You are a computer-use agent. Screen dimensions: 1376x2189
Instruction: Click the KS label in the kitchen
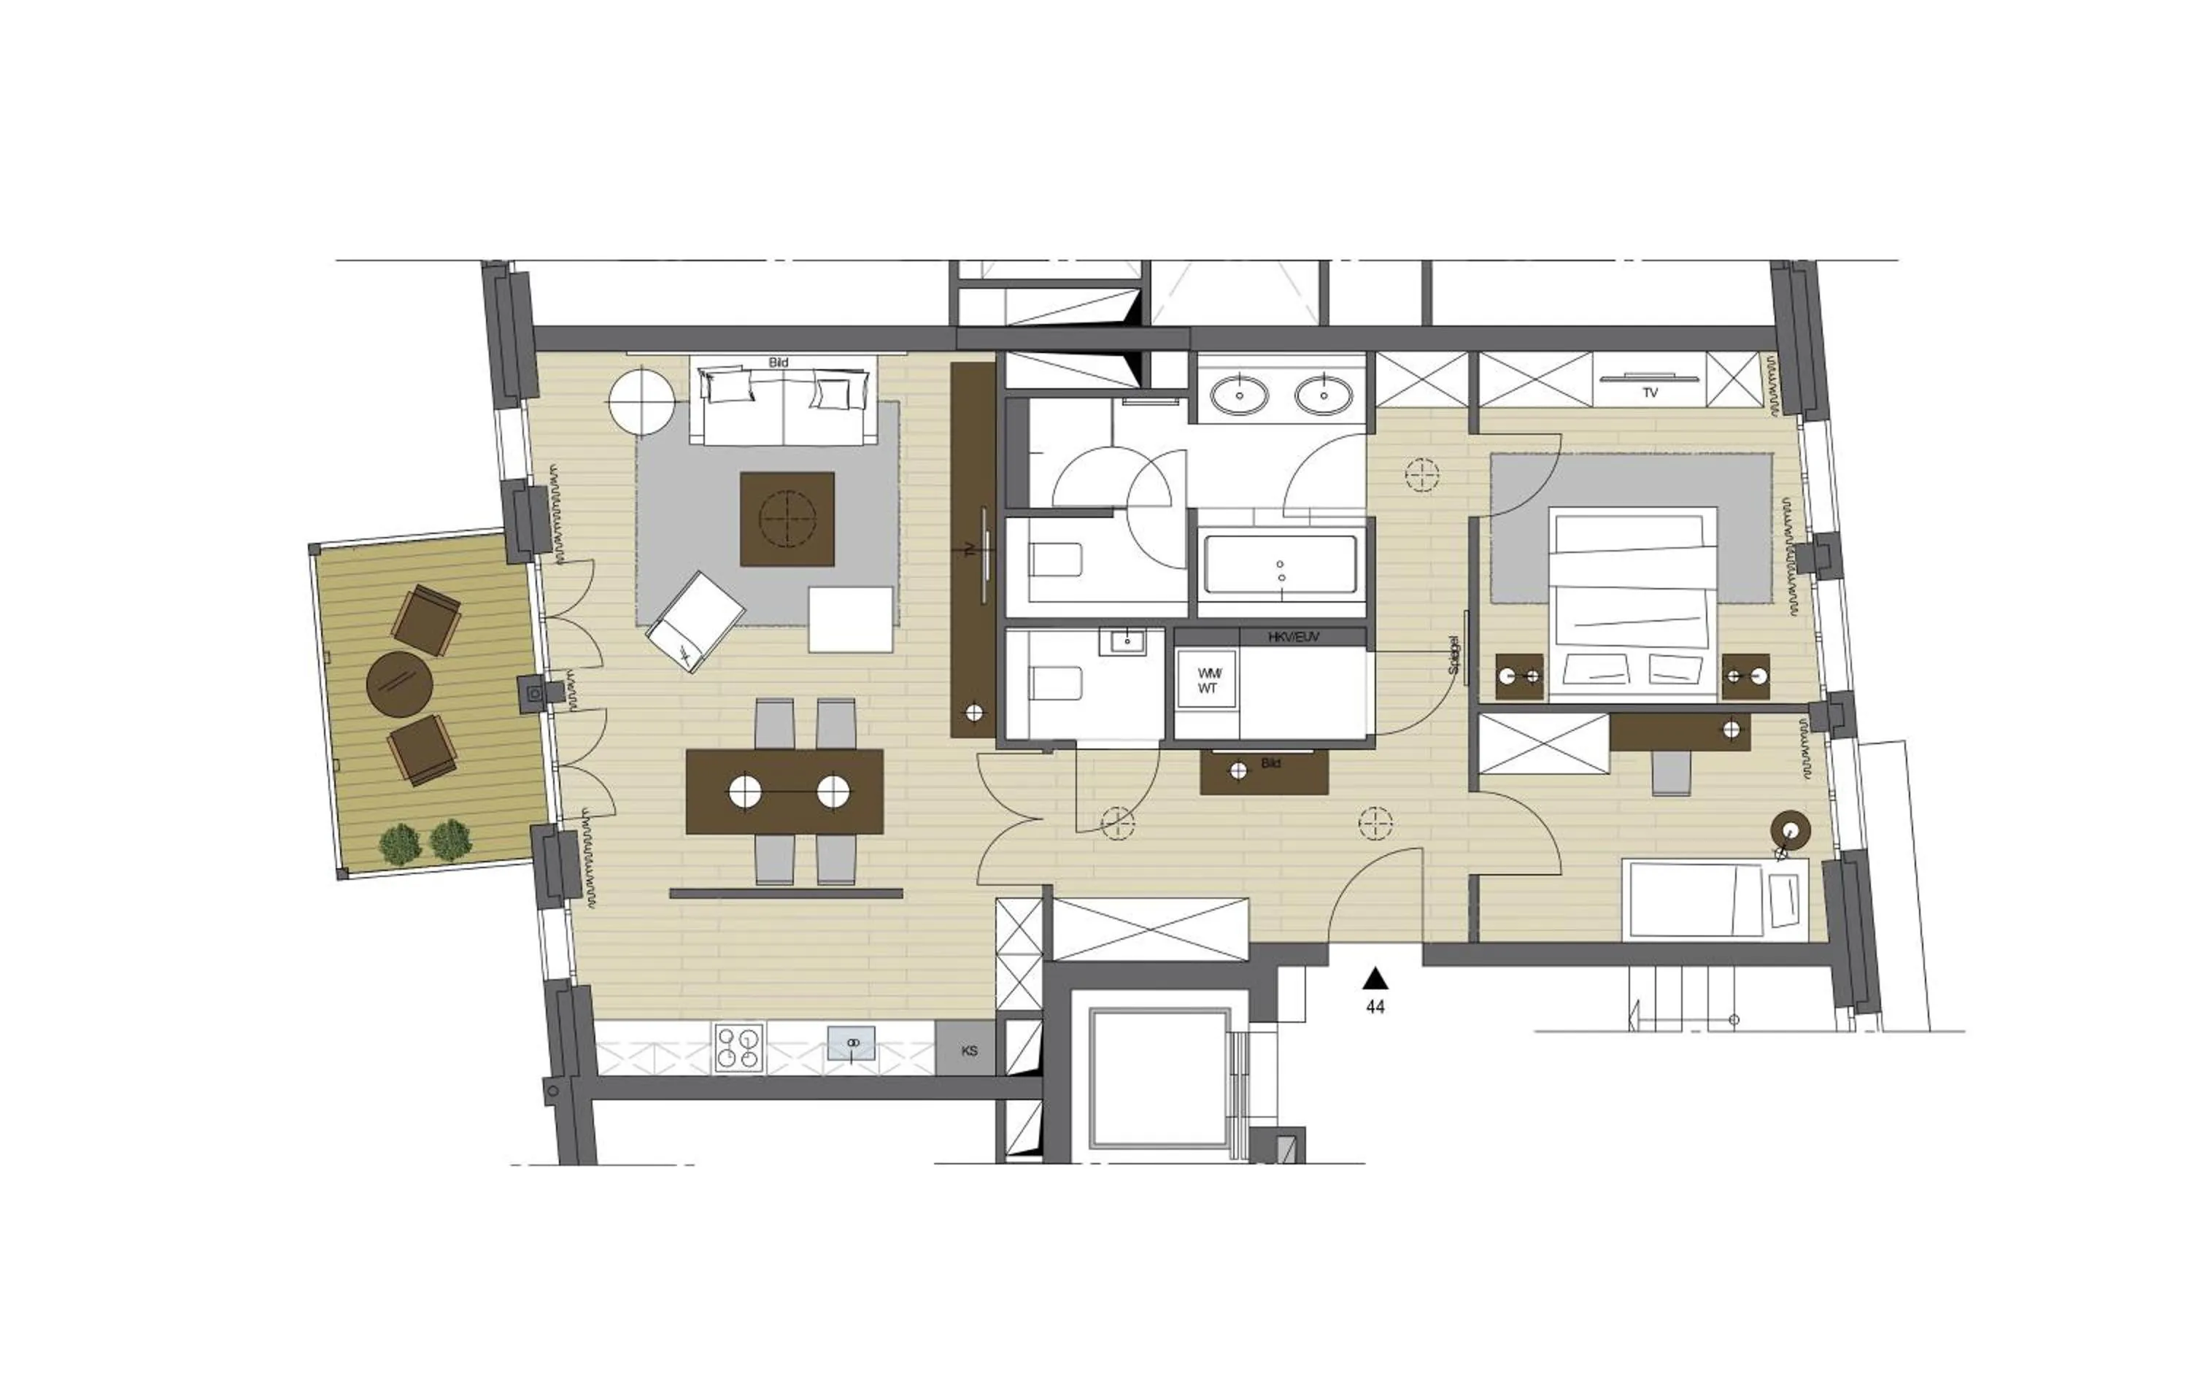pos(969,1051)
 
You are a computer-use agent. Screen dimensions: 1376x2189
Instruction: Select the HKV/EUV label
pos(1294,638)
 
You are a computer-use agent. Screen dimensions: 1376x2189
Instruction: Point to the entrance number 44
pos(1375,1007)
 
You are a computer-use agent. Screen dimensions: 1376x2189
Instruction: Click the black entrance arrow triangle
pos(1375,978)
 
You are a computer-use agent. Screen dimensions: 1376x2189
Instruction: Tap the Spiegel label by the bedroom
pos(1453,654)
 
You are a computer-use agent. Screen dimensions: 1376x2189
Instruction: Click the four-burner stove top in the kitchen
pos(739,1048)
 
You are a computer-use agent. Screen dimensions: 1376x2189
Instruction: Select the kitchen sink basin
pos(852,1043)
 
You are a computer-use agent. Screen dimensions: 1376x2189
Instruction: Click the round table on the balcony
pos(398,684)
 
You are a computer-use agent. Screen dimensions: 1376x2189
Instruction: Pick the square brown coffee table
pos(787,519)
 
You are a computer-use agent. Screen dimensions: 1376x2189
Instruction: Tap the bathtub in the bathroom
pos(1281,565)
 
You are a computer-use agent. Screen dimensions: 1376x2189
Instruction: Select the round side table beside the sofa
pos(643,401)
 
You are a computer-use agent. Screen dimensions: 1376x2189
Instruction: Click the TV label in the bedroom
pos(1650,393)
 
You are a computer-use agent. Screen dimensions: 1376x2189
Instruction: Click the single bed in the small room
pos(1713,899)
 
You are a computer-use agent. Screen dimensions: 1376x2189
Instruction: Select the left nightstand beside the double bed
pos(1520,676)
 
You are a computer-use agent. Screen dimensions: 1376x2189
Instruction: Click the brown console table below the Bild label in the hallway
pos(1264,773)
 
